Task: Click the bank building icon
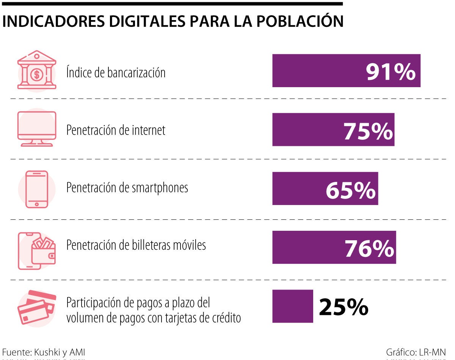[37, 70]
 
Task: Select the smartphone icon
[37, 189]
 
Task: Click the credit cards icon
[37, 307]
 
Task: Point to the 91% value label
[391, 72]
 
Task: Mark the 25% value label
[344, 307]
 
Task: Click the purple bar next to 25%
[293, 306]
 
